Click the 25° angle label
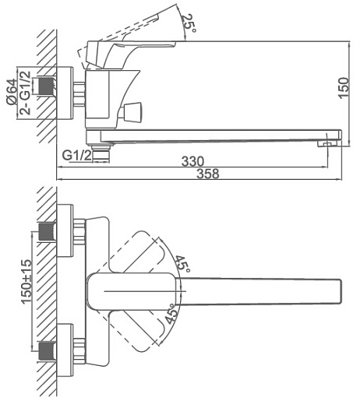click(x=188, y=23)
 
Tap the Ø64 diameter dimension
click(x=12, y=92)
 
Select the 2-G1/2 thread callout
click(x=25, y=93)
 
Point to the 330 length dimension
click(x=192, y=161)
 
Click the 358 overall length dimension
click(x=208, y=174)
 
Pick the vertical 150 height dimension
click(x=344, y=87)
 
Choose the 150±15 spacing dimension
click(x=26, y=281)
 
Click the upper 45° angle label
click(x=182, y=264)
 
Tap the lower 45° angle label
click(x=172, y=314)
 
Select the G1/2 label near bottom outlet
click(x=77, y=156)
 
